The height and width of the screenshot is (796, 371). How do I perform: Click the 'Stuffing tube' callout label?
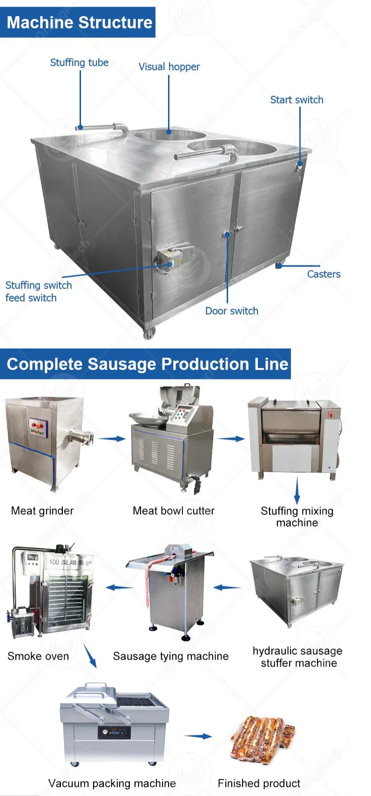pyautogui.click(x=79, y=62)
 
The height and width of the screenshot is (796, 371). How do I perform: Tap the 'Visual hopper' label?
pyautogui.click(x=169, y=67)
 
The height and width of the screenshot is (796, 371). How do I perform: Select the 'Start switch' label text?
pyautogui.click(x=297, y=100)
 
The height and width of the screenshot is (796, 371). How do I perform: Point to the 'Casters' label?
pyautogui.click(x=324, y=274)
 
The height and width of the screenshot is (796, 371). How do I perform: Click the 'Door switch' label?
pyautogui.click(x=232, y=311)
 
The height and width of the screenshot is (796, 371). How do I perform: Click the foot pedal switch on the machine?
pyautogui.click(x=175, y=258)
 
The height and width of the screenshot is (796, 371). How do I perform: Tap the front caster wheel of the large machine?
pyautogui.click(x=149, y=333)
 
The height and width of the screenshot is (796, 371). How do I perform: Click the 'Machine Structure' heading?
pyautogui.click(x=80, y=22)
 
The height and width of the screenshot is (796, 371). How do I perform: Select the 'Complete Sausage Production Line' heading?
pyautogui.click(x=148, y=364)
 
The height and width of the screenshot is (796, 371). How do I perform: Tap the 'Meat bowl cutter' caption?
pyautogui.click(x=174, y=511)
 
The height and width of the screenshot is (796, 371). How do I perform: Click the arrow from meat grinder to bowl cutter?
pyautogui.click(x=111, y=439)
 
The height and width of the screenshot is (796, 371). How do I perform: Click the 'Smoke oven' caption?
pyautogui.click(x=38, y=656)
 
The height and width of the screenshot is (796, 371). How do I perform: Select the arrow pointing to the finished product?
pyautogui.click(x=198, y=736)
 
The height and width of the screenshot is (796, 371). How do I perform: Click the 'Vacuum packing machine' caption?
pyautogui.click(x=112, y=783)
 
